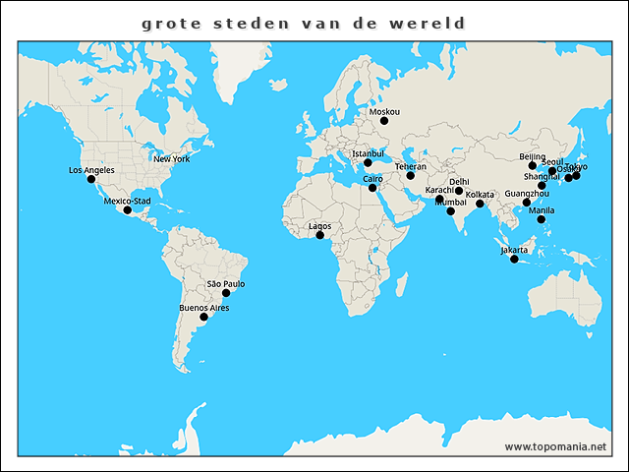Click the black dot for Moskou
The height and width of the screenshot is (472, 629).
384,121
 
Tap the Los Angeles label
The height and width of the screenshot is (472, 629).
91,170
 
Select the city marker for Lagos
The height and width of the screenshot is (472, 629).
319,235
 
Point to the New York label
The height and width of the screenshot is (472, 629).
171,158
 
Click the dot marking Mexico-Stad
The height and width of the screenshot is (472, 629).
127,210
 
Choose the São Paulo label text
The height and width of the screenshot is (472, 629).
225,283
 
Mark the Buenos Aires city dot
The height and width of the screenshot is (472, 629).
203,317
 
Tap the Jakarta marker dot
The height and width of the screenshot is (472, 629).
514,259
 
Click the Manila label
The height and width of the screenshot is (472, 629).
541,210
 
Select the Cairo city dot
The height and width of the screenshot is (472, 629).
372,188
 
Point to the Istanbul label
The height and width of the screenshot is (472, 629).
368,153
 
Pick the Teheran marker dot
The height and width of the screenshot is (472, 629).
411,176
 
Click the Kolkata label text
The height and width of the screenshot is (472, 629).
480,195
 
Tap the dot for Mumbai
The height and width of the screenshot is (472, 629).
451,211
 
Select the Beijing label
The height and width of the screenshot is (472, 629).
532,156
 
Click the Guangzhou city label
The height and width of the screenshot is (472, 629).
527,194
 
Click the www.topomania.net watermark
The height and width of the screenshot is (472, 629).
555,446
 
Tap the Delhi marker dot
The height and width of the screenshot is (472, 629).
459,191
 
